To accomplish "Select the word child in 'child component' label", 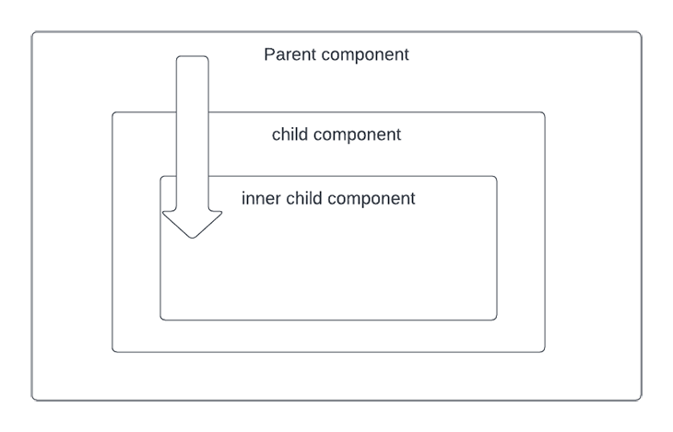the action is [x=289, y=134].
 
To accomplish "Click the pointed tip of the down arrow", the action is [x=193, y=238].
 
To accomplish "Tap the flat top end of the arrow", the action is [x=193, y=56].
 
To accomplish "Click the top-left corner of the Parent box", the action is [x=32, y=31].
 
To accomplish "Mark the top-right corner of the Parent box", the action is [x=642, y=31].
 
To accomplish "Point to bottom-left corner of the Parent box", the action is [x=32, y=400].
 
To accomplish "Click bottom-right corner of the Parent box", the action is [x=642, y=400].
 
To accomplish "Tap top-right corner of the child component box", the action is [x=545, y=112].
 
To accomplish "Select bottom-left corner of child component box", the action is [x=112, y=352].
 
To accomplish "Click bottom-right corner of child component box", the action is [x=545, y=352].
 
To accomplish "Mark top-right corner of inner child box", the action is [x=497, y=176].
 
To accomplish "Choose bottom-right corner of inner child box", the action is [x=497, y=320].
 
